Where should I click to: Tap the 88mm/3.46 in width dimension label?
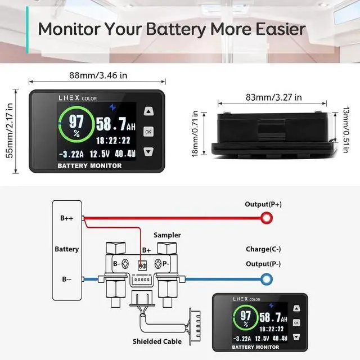point(90,74)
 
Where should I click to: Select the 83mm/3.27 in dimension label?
point(273,97)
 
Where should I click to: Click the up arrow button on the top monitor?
point(148,111)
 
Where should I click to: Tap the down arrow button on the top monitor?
point(148,151)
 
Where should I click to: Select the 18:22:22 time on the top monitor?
point(113,141)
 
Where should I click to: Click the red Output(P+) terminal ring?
point(265,218)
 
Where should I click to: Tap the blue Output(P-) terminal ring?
point(265,278)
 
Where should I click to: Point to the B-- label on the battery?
point(66,278)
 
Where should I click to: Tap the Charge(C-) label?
point(263,249)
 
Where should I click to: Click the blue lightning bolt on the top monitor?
point(115,105)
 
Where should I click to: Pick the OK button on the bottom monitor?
point(296,323)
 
